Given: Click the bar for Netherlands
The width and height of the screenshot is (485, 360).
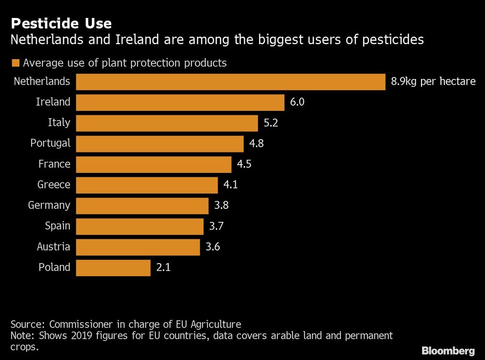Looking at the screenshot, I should (x=231, y=82).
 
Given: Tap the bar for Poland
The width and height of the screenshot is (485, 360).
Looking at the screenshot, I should (x=113, y=267).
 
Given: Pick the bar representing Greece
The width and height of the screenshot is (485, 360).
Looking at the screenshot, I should (x=147, y=185).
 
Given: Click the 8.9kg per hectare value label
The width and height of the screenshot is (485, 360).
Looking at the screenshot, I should (x=433, y=81).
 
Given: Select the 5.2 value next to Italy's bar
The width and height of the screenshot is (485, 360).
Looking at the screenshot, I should (x=270, y=123).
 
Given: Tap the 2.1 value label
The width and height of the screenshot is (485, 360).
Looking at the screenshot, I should (x=163, y=267).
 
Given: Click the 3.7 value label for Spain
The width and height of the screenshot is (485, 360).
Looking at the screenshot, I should (x=216, y=226).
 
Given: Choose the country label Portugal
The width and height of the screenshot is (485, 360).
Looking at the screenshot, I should (x=50, y=143).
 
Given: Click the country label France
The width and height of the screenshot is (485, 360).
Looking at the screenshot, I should (x=54, y=164).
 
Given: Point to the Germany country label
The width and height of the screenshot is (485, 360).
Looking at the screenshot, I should (x=49, y=205).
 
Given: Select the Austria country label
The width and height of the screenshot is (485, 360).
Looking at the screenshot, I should (x=53, y=247).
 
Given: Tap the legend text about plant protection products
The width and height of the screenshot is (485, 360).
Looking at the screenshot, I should (x=125, y=63).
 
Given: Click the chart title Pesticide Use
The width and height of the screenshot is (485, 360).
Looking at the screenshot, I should (x=61, y=23).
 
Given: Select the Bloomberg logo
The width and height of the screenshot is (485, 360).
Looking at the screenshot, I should (x=448, y=350).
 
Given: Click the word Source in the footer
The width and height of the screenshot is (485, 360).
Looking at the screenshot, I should (x=27, y=324).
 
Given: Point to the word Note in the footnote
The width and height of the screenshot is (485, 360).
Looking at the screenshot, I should (x=21, y=336).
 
